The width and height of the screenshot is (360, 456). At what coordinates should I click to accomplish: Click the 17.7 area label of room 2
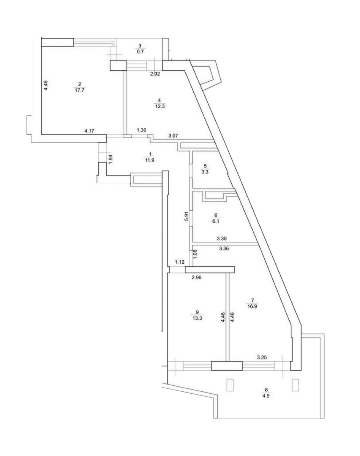pos(79,90)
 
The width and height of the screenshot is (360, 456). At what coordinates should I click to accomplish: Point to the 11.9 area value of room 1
pos(150,160)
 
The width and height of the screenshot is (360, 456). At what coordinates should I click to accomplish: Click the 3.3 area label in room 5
pos(205,172)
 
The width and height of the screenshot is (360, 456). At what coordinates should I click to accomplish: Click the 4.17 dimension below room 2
pos(89,131)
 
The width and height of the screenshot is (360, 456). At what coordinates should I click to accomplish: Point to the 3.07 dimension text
pos(174,135)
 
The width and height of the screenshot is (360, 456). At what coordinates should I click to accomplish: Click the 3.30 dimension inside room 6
pos(222,239)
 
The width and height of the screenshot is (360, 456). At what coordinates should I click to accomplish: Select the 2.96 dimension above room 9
pos(196,277)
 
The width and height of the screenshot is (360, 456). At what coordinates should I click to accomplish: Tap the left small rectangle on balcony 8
pos(230,385)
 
